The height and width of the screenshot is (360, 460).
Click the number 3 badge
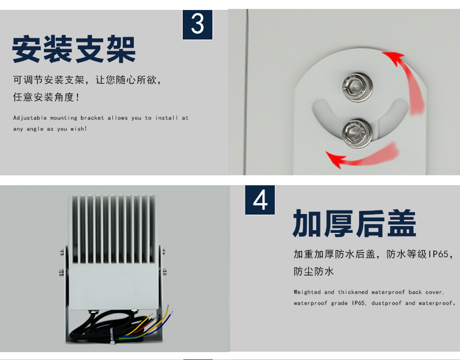198,25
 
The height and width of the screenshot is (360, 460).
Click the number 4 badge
260,200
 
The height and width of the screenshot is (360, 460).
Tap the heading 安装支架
74,49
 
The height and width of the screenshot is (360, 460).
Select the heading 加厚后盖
354,223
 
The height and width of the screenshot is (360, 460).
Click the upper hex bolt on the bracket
357,87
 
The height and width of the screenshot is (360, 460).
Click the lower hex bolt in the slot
356,133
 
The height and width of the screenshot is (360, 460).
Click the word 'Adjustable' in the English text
30,118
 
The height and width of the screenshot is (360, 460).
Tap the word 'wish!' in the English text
78,129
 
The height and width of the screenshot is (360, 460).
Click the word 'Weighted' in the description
307,292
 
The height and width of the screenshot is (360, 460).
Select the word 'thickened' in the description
353,292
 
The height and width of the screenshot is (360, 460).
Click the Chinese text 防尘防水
314,272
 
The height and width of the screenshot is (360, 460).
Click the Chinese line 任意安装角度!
46,97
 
